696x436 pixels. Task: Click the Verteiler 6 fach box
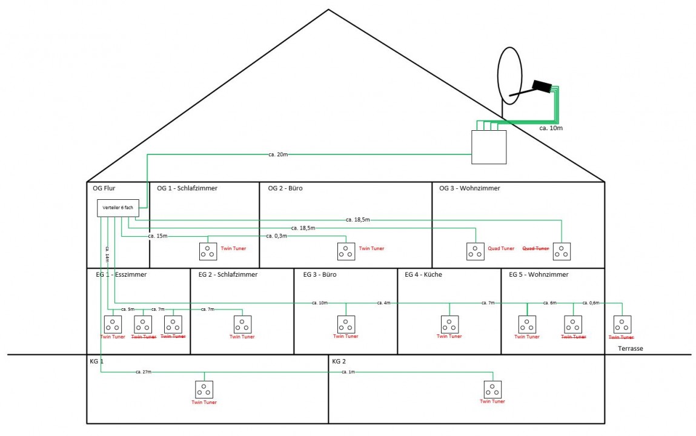click(118, 208)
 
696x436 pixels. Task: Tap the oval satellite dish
click(509, 74)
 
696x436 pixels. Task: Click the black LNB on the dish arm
click(542, 87)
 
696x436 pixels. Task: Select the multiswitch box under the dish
click(489, 147)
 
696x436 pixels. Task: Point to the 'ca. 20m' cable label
click(278, 154)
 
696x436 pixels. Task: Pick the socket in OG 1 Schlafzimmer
click(208, 251)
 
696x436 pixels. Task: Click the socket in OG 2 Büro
click(346, 251)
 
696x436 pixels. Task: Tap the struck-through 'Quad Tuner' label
click(535, 248)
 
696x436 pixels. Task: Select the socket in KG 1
click(204, 389)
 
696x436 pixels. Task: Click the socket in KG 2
click(492, 389)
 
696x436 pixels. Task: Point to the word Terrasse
click(631, 349)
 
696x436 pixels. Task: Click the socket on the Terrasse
click(623, 325)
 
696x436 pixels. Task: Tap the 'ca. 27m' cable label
click(144, 371)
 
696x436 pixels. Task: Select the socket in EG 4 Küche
click(449, 325)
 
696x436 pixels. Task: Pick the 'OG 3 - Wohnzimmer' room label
click(469, 188)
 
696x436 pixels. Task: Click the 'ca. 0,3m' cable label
click(276, 236)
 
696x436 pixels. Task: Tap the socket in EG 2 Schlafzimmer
click(242, 325)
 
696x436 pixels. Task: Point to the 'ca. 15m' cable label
click(157, 236)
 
